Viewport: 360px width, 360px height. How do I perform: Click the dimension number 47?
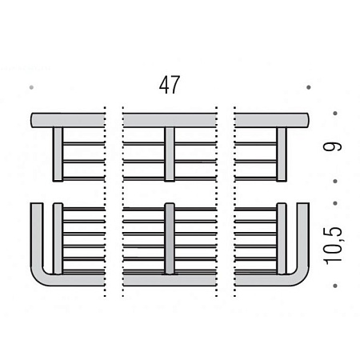click(x=170, y=85)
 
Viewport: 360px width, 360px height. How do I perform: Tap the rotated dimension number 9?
click(x=332, y=146)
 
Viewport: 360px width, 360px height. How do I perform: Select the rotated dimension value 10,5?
click(x=332, y=246)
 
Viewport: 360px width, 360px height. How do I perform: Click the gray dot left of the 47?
click(x=31, y=87)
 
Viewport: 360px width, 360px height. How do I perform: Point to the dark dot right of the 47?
click(x=309, y=87)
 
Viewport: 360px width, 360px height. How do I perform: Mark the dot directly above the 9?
click(x=335, y=114)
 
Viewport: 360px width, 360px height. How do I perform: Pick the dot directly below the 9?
click(x=335, y=182)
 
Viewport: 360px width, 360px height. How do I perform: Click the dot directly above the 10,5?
click(x=335, y=203)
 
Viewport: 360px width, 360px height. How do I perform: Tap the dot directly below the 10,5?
click(x=335, y=286)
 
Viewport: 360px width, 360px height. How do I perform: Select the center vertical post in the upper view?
click(x=170, y=154)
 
